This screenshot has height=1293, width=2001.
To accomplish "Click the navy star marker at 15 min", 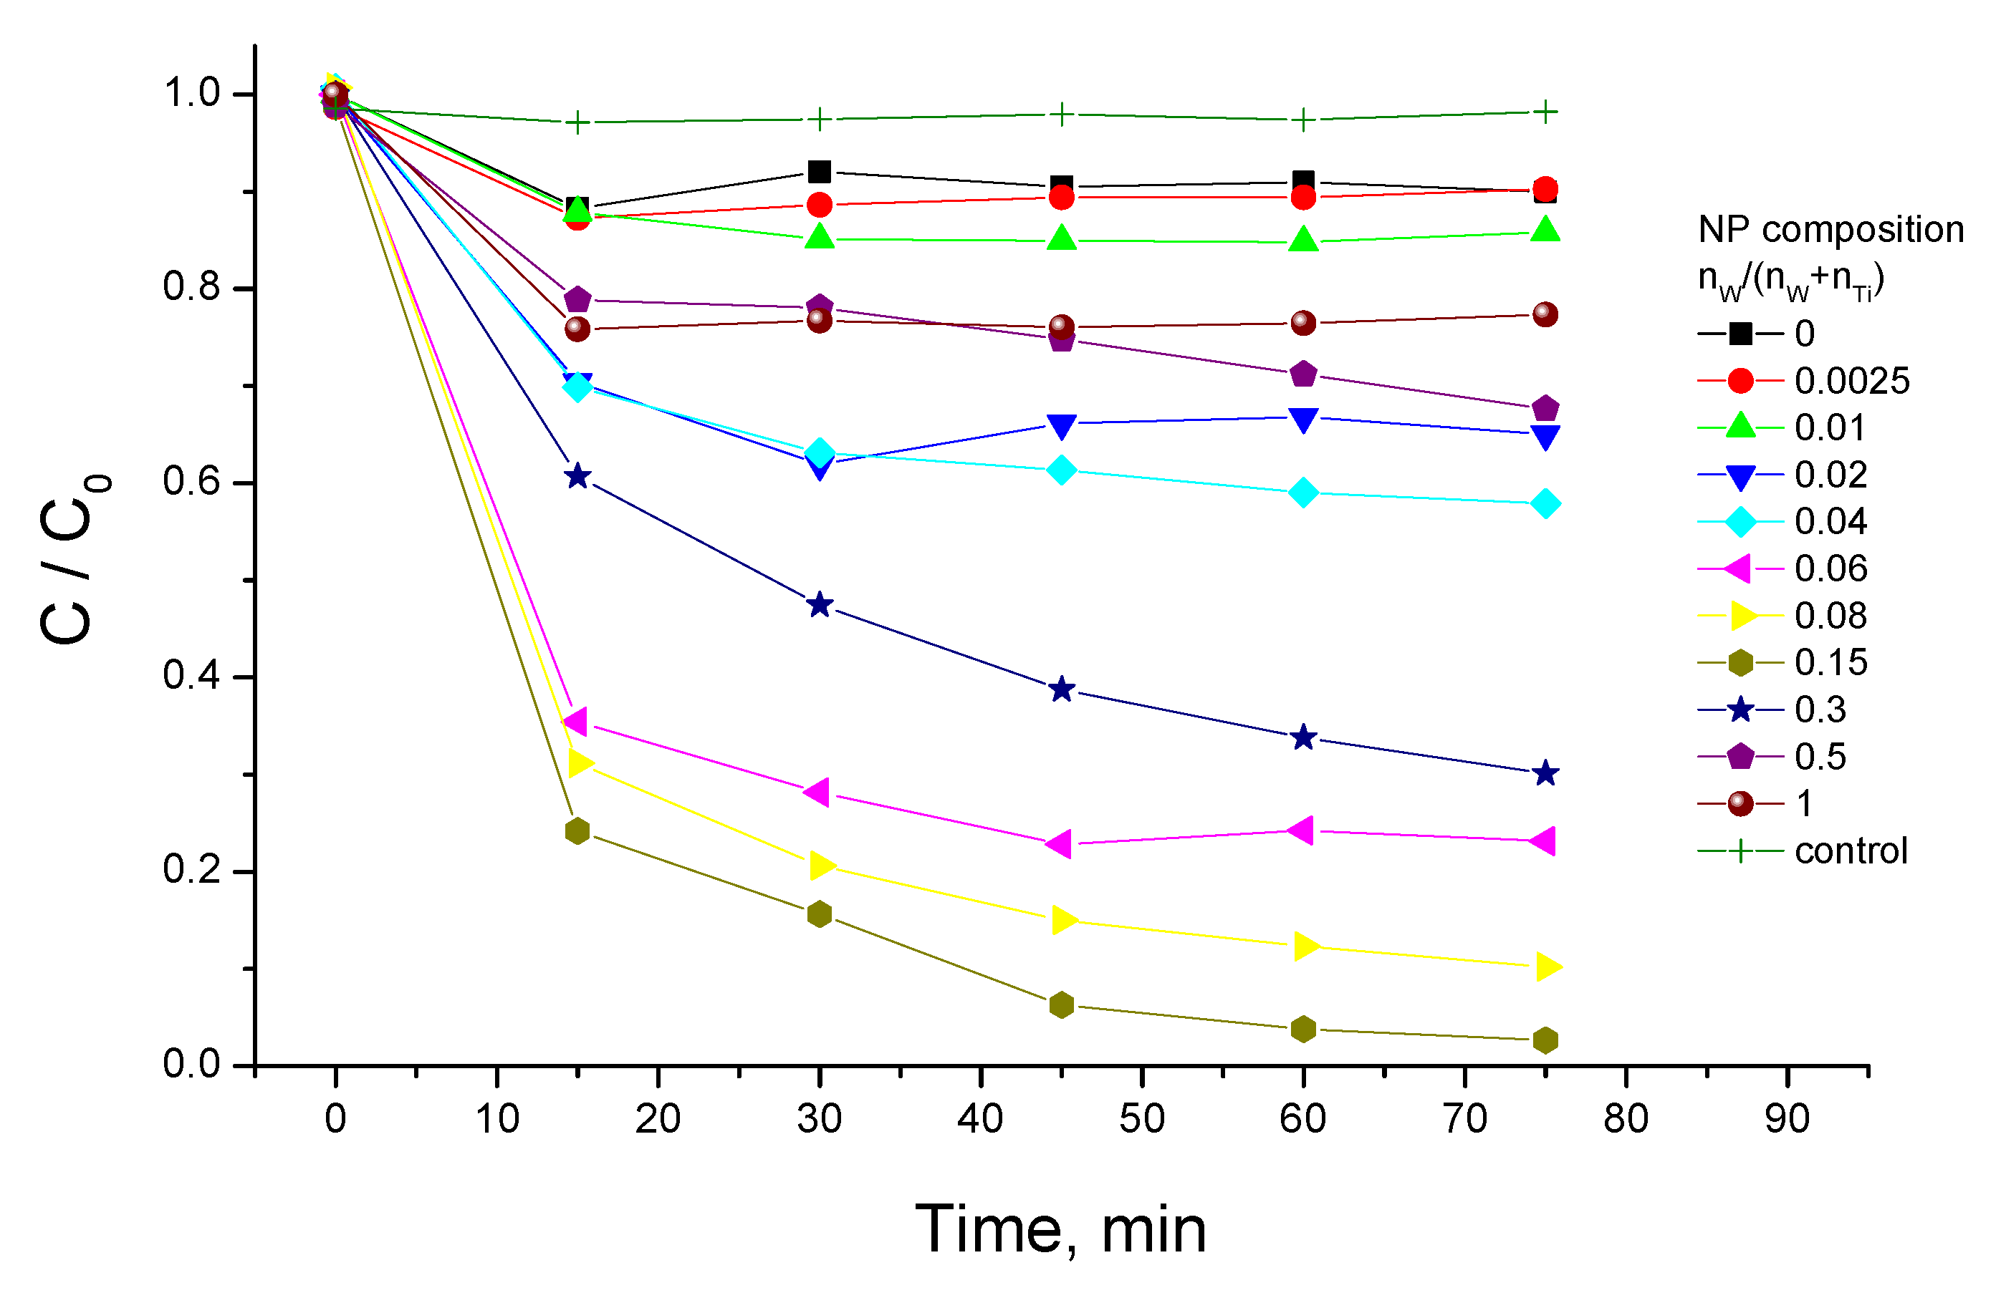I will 577,476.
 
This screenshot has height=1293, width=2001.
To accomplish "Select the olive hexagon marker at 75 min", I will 1545,1040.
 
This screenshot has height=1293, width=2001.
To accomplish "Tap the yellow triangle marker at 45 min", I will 1063,920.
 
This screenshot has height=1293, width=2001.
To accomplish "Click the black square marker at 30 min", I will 819,172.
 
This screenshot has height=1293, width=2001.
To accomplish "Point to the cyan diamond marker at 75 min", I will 1545,504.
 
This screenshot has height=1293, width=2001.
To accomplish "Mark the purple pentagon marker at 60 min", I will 1303,374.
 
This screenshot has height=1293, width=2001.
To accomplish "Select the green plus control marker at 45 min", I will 1062,114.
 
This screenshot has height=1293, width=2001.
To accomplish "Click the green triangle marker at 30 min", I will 819,237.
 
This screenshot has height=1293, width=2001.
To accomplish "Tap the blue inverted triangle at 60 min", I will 1303,420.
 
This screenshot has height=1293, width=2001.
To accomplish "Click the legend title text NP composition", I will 1830,229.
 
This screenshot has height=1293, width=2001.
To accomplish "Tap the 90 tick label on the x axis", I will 1787,1118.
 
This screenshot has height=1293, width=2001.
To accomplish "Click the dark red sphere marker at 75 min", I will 1545,315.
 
